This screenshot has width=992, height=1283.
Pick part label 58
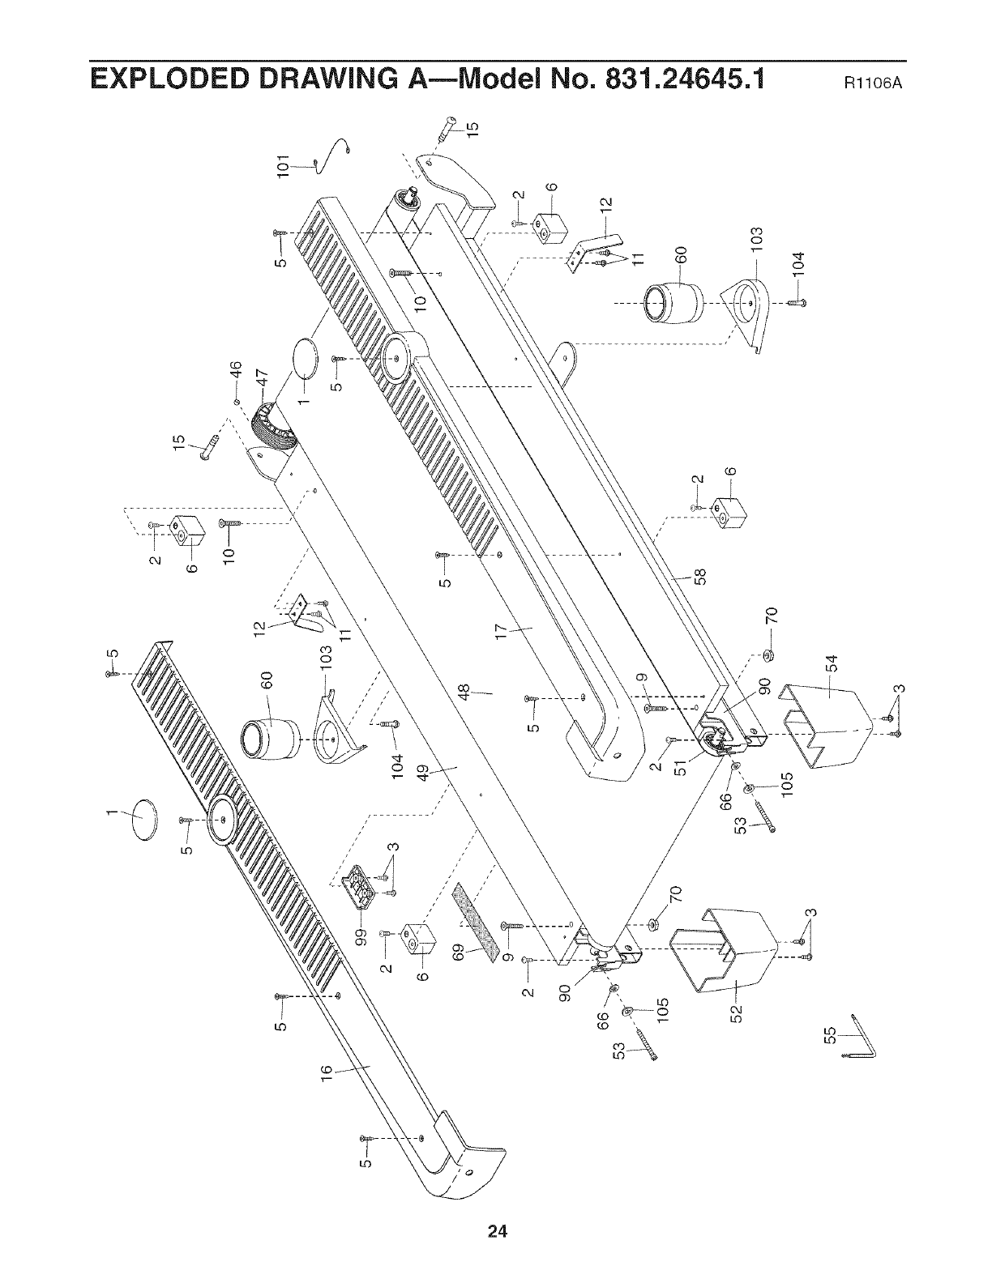click(702, 577)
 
